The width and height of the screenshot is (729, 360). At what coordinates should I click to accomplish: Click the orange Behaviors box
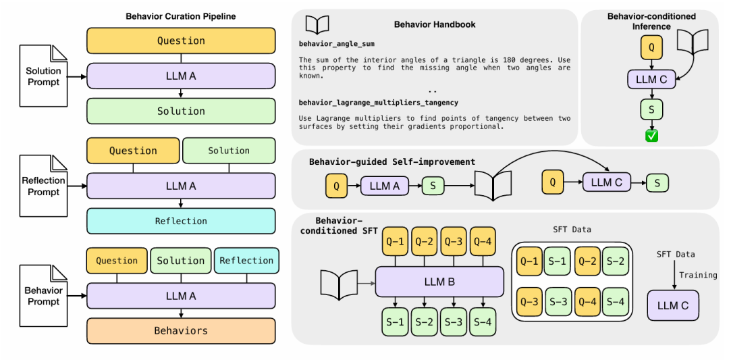tap(181, 331)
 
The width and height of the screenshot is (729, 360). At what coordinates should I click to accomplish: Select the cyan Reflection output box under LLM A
tap(181, 221)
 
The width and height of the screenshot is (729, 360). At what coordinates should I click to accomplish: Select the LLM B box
tap(439, 282)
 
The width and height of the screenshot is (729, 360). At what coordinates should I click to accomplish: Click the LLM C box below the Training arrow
tap(673, 305)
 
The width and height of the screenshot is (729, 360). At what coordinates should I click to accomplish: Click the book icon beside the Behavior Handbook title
tap(317, 24)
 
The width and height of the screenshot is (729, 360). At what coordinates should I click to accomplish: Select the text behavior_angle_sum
tap(337, 44)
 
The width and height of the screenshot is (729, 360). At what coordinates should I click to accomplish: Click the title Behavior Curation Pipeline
tap(181, 17)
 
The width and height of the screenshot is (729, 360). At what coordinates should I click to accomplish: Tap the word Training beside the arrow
tap(698, 275)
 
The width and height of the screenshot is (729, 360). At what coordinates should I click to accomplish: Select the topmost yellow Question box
tap(181, 41)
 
